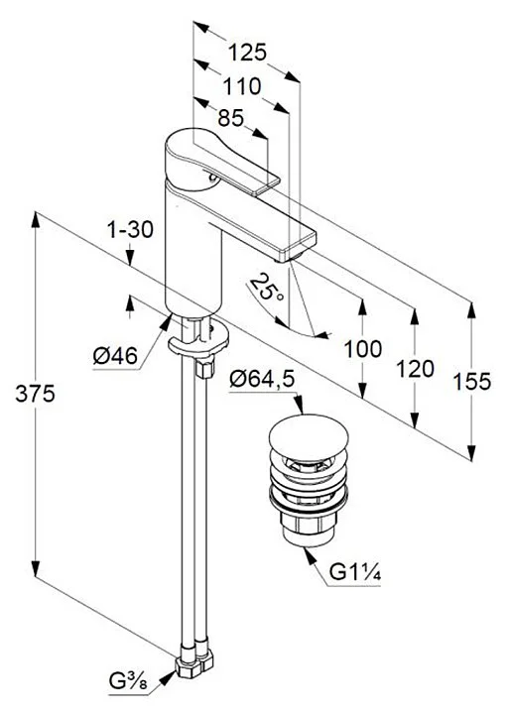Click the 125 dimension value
pyautogui.click(x=247, y=52)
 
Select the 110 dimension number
pyautogui.click(x=242, y=86)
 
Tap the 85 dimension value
pyautogui.click(x=231, y=118)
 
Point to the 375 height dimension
pyautogui.click(x=35, y=393)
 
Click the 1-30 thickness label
pyautogui.click(x=130, y=229)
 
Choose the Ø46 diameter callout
pyautogui.click(x=115, y=355)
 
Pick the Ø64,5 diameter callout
pyautogui.click(x=262, y=379)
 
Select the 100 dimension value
pyautogui.click(x=362, y=349)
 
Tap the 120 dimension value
pyautogui.click(x=415, y=369)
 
